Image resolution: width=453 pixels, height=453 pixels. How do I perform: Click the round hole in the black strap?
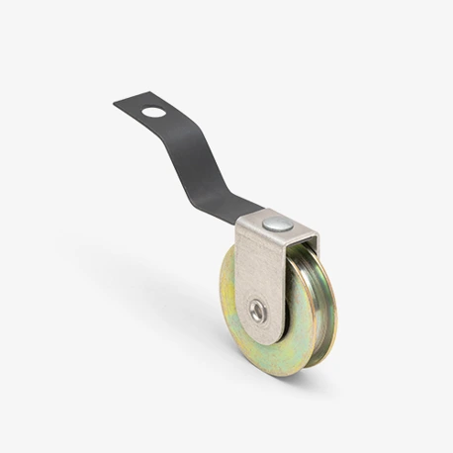coord(153,111)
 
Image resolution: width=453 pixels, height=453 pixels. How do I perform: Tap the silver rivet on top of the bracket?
coord(278,225)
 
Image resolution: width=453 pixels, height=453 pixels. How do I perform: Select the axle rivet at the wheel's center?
coord(257,312)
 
